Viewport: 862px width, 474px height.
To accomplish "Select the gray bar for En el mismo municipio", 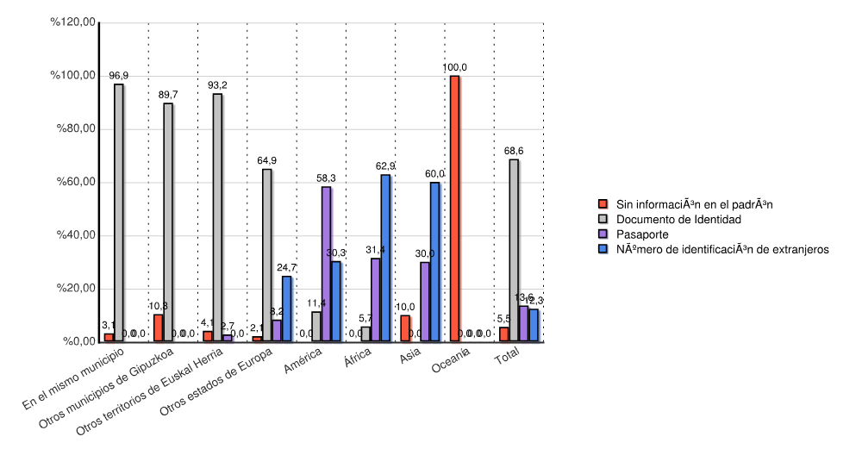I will click(119, 213).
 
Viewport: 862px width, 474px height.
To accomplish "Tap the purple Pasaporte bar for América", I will click(326, 265).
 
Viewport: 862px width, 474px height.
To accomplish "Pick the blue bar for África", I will click(385, 259).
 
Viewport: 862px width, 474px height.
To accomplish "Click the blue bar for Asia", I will click(434, 262).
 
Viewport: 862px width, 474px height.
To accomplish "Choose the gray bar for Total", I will click(514, 251).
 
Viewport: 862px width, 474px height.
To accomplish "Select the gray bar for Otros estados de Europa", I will click(267, 255).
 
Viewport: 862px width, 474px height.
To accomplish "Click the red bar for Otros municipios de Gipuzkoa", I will click(158, 328).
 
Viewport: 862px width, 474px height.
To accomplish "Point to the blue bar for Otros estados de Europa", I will click(287, 309).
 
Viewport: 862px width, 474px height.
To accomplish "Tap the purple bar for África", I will click(375, 300).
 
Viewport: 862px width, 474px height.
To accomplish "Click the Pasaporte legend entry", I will click(642, 234).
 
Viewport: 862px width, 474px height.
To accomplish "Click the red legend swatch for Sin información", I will click(604, 205).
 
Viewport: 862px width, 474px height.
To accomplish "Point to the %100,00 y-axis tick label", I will click(73, 76).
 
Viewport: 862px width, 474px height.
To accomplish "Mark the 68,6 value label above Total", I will click(514, 151).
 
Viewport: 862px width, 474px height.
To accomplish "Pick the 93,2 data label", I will click(217, 85).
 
